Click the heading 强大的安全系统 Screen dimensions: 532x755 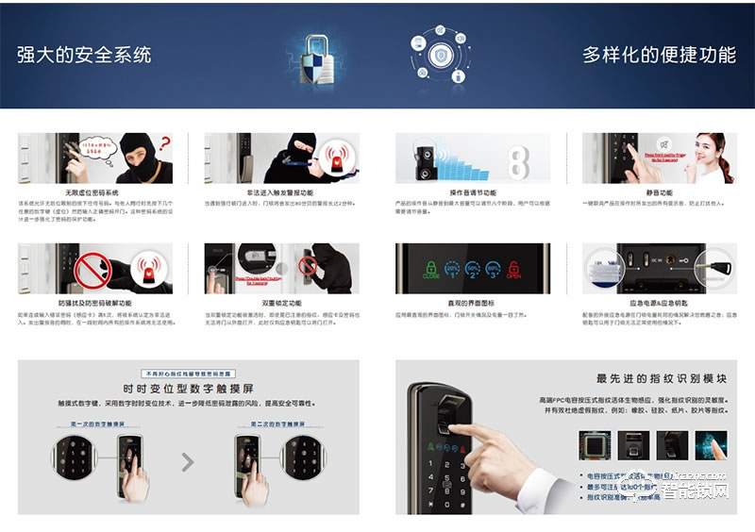point(84,54)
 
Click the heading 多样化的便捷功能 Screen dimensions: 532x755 point(659,54)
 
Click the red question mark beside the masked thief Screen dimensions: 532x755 point(164,144)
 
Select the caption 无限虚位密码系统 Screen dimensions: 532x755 point(92,191)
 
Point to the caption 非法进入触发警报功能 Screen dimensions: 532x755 point(281,191)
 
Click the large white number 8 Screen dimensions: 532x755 point(518,158)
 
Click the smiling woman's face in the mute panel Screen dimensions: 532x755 point(709,151)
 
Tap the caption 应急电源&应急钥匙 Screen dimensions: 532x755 point(661,303)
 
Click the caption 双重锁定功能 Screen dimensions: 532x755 point(281,303)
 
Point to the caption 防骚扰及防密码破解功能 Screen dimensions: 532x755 point(92,303)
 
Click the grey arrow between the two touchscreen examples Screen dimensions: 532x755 point(188,462)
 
